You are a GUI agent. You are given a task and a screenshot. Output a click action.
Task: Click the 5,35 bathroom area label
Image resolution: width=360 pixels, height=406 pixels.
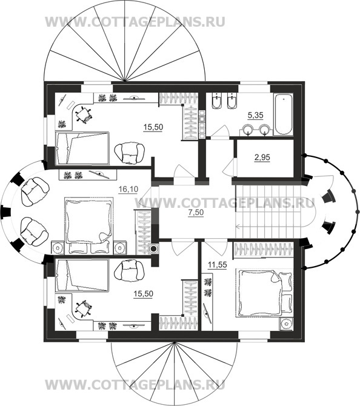coord(255,115)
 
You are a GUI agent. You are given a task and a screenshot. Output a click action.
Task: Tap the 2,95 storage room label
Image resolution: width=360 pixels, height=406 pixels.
coord(262,158)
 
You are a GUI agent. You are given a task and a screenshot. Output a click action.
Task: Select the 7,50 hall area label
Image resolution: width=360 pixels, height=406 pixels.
coord(196,212)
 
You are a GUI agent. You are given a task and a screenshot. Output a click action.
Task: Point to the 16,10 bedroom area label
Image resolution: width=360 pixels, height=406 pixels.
coord(128,190)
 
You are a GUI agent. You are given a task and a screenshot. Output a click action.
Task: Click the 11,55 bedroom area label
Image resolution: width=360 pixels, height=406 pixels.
coord(218,265)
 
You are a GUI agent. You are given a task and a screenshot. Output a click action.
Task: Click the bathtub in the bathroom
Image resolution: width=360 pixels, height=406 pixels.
coord(284,114)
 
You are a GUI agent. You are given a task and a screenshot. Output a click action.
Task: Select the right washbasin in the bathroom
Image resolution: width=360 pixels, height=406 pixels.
coord(265,130)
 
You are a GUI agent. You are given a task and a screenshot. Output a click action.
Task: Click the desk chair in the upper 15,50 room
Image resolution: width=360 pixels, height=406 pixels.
coord(84,114)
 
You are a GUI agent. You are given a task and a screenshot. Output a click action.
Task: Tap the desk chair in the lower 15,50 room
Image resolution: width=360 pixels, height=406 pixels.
coord(84,308)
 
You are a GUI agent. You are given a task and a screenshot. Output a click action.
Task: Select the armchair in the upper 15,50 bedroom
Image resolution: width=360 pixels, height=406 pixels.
coord(130,153)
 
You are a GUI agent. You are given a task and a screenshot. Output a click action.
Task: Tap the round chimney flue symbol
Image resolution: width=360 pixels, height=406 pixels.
coord(153,249)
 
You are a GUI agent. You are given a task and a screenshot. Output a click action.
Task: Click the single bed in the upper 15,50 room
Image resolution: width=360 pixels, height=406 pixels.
coord(82,148)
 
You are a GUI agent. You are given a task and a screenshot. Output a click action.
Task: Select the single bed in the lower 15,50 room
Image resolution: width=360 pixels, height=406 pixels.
coord(82,275)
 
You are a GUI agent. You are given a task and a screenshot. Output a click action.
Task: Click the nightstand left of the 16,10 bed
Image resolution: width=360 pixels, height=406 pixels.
coord(58,247)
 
